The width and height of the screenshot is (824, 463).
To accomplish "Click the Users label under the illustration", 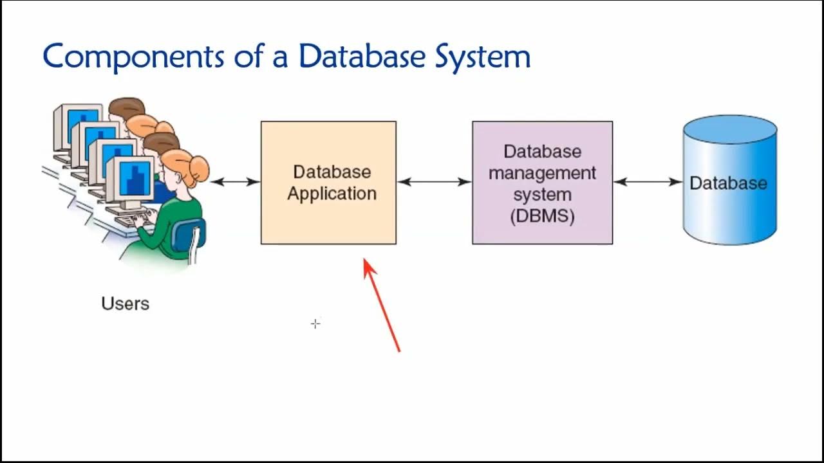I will (125, 304).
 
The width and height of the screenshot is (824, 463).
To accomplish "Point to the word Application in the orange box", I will (332, 194).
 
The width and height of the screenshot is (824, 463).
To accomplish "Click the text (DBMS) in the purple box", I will (542, 216).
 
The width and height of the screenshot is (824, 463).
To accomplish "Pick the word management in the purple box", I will (542, 173).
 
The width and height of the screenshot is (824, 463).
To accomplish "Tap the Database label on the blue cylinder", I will (728, 183).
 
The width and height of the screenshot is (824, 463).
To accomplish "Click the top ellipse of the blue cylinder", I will (729, 129).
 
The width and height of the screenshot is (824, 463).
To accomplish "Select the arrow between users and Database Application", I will (235, 182).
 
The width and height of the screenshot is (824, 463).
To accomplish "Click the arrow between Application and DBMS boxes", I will (434, 182).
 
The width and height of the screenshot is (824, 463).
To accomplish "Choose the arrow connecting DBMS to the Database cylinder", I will (647, 182).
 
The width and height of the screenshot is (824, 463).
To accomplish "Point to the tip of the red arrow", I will (365, 260).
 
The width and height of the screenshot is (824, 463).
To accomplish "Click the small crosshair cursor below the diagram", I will (315, 323).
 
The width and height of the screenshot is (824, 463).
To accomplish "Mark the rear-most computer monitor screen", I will (82, 122).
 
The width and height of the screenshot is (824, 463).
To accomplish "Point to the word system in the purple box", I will (542, 195).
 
